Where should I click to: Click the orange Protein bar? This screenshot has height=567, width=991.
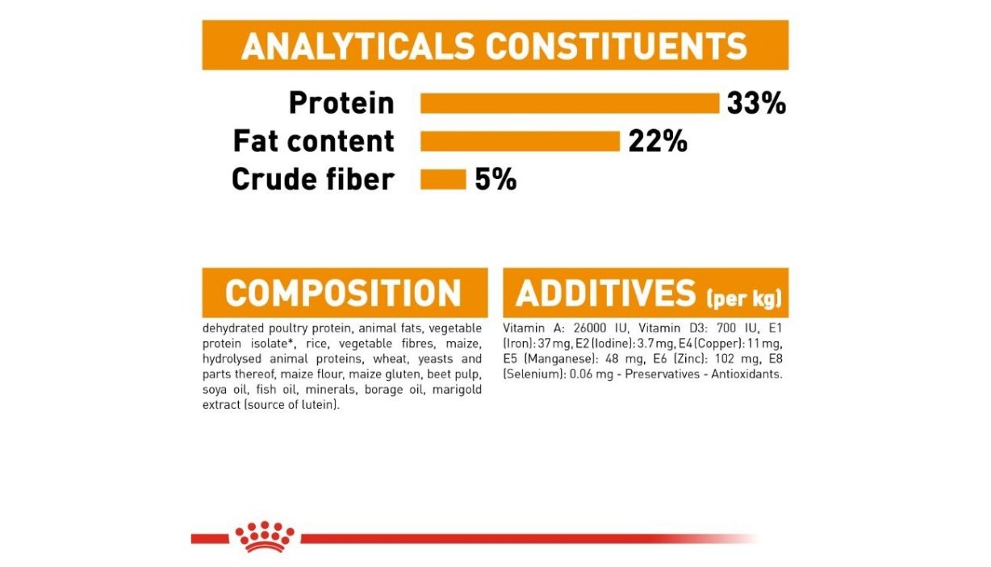point(570,103)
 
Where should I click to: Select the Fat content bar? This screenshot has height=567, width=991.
point(520,141)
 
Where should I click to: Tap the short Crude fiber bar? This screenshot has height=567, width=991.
point(443,180)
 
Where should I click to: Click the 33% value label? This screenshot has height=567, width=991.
point(756,103)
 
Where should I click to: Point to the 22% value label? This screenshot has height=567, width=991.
point(658,141)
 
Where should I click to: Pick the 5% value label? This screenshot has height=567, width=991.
point(495,180)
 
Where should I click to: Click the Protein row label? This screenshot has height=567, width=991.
point(341,103)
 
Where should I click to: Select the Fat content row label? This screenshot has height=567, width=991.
point(314,141)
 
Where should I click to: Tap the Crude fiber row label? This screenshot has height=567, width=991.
point(313,179)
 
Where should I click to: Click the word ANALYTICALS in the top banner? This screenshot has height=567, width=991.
point(358,46)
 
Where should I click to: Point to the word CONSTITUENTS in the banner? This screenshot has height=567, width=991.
point(617,46)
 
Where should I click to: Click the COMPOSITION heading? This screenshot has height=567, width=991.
point(343,293)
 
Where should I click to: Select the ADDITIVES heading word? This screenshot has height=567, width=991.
point(606,293)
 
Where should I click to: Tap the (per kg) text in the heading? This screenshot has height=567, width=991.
point(744,298)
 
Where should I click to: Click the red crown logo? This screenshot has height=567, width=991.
point(265,537)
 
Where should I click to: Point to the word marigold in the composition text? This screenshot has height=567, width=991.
point(457,390)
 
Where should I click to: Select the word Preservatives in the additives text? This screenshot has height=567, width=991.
point(663,374)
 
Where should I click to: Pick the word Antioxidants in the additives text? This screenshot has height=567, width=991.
point(746,374)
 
